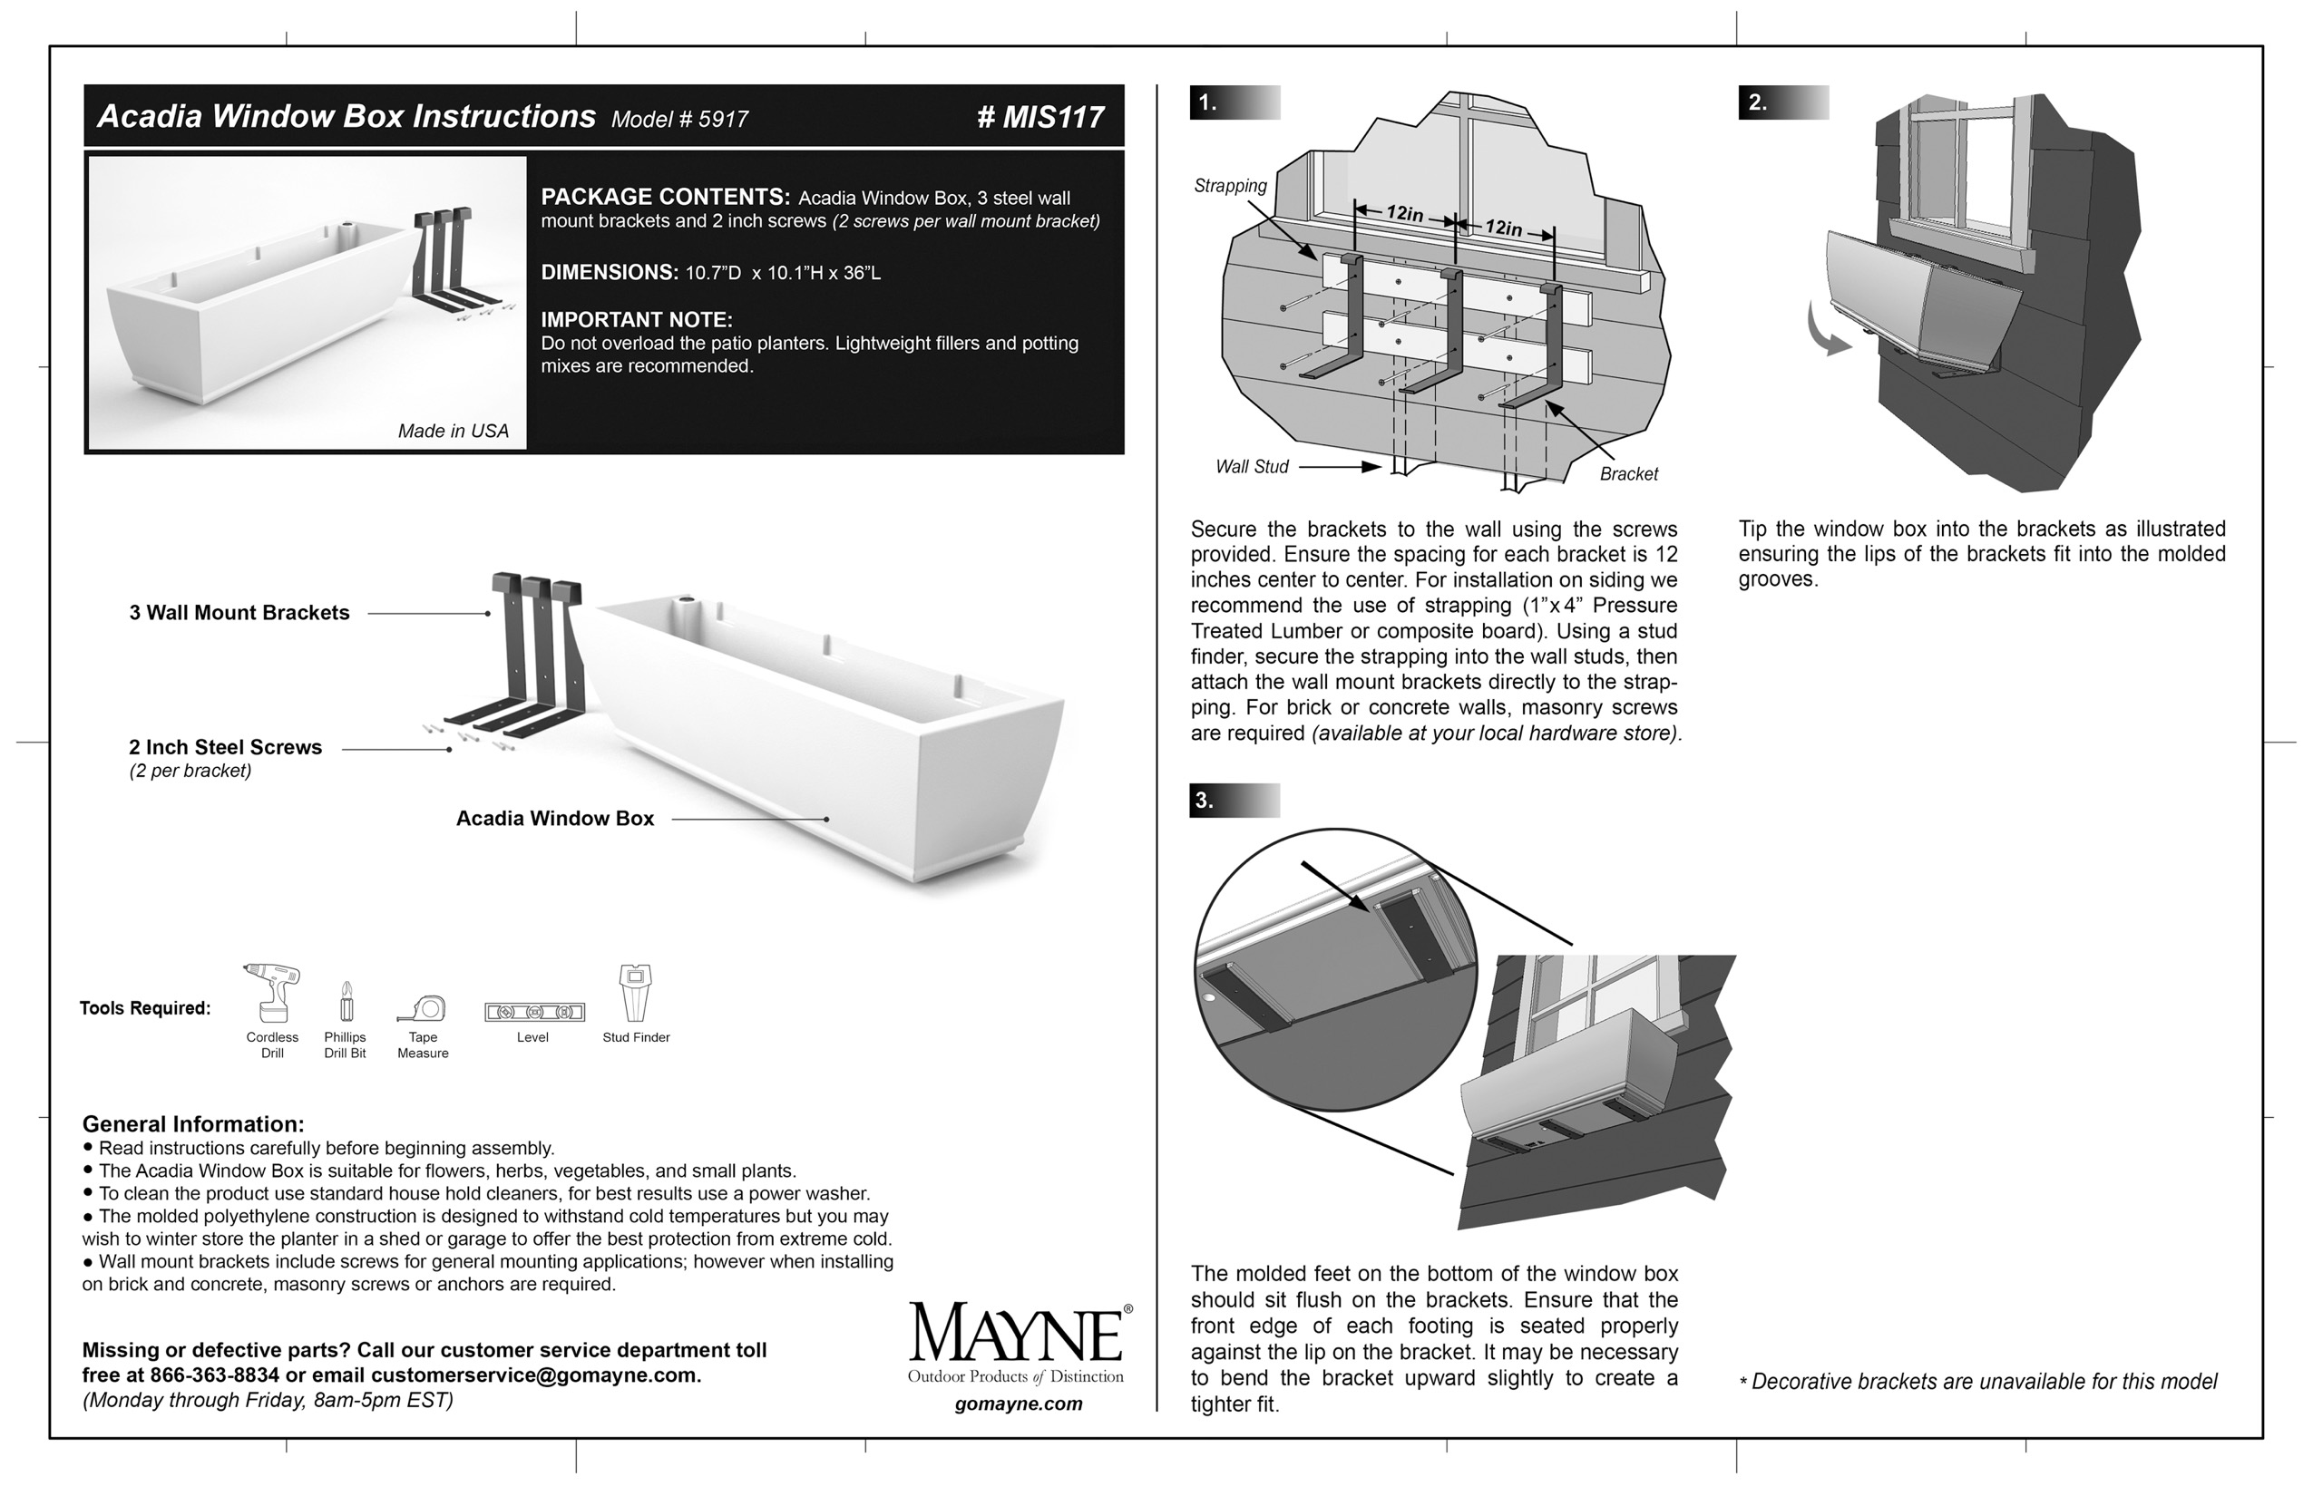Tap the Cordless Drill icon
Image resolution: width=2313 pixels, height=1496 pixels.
[x=272, y=993]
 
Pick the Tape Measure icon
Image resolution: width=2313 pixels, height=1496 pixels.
[x=423, y=1007]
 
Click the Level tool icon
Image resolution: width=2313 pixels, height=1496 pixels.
[x=534, y=1012]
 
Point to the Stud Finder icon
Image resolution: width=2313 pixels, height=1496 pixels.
[x=636, y=992]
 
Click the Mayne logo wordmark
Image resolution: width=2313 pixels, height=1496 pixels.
[x=1017, y=1335]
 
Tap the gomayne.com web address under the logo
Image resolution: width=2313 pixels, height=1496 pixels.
[x=1018, y=1404]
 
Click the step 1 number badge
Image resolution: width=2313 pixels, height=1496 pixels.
[x=1208, y=103]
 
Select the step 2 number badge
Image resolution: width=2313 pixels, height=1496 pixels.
[x=1757, y=103]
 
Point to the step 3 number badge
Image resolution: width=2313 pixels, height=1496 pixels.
[x=1205, y=801]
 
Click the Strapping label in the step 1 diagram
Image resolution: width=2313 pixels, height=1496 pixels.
[x=1230, y=186]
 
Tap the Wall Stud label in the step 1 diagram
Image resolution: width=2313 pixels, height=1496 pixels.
[x=1252, y=467]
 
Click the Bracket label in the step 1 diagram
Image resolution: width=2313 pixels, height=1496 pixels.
[x=1629, y=474]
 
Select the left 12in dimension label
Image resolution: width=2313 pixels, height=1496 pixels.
[x=1404, y=214]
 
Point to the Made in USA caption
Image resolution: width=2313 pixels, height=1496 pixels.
[x=453, y=432]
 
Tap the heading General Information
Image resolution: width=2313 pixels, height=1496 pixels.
[x=192, y=1124]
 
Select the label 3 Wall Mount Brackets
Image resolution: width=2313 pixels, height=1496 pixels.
[x=239, y=613]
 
